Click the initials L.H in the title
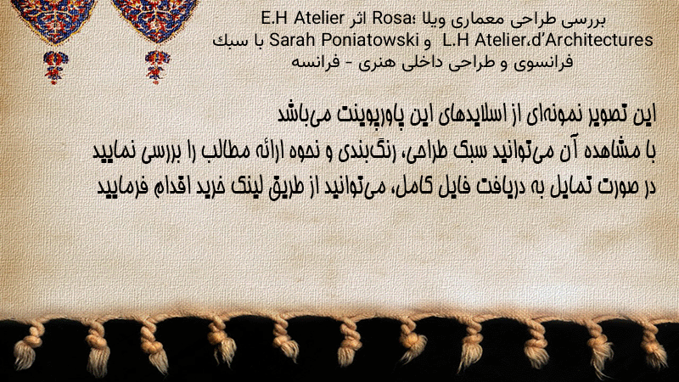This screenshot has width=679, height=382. click(457, 40)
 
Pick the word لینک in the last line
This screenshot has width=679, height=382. click(243, 187)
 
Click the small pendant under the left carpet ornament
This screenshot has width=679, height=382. click(55, 66)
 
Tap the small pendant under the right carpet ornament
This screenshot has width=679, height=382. click(157, 66)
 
